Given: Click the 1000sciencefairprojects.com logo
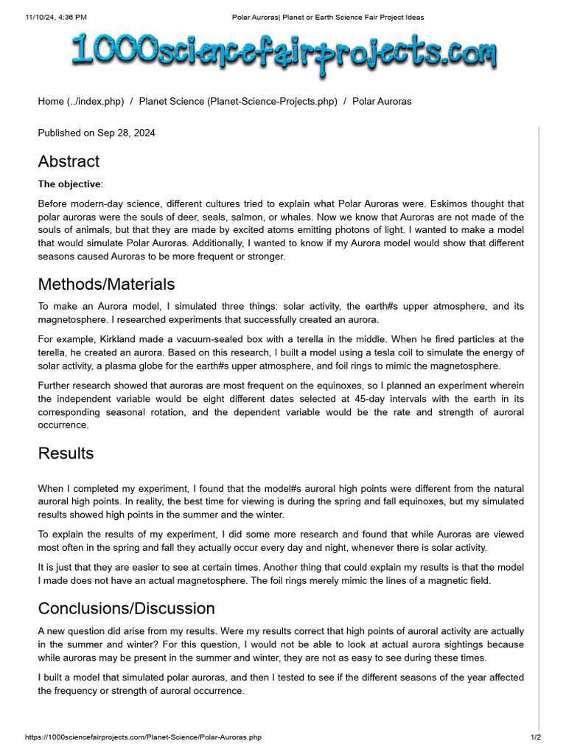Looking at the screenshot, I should [284, 55].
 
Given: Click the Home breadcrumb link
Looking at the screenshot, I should [81, 101].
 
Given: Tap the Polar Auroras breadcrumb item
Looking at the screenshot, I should [382, 101].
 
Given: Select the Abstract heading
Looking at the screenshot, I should [69, 161].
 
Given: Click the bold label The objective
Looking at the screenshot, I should [70, 184].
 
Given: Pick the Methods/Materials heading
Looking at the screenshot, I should [106, 284].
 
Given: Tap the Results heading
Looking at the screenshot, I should [66, 453].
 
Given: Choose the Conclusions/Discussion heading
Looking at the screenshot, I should [126, 608].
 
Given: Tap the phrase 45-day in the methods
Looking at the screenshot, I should [346, 399].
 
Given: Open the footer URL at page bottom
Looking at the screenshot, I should [142, 737].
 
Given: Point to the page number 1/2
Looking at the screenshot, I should [536, 737].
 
